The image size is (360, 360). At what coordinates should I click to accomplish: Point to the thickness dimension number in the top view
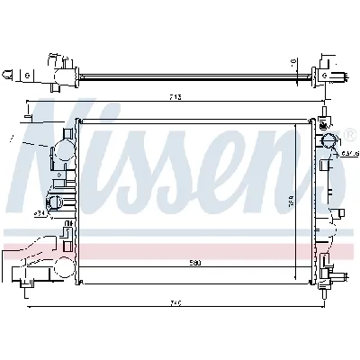[294, 63]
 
